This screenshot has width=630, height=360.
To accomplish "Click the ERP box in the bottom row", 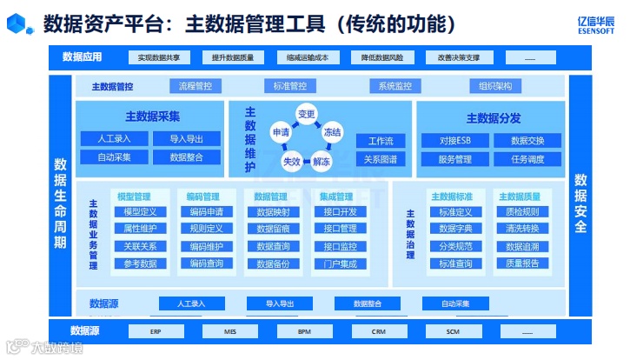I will click(155, 331).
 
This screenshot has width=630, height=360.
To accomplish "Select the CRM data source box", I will click(378, 331).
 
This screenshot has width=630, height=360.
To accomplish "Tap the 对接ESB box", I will click(454, 140).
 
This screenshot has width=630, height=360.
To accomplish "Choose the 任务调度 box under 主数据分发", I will click(527, 158).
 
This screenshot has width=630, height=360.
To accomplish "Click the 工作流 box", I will click(381, 141).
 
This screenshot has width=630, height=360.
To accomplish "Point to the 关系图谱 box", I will click(381, 159).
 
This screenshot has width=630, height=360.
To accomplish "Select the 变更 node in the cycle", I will click(306, 114).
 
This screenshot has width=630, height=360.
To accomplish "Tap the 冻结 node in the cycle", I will click(332, 132).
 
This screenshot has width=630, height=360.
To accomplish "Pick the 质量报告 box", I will click(522, 263).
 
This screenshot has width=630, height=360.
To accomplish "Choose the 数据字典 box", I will click(455, 229).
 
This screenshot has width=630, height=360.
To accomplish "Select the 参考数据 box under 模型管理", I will click(140, 263).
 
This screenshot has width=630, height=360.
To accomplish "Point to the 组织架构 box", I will click(495, 86).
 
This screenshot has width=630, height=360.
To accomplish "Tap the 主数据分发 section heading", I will click(494, 118).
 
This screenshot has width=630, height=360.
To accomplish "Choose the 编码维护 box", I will click(207, 246).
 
